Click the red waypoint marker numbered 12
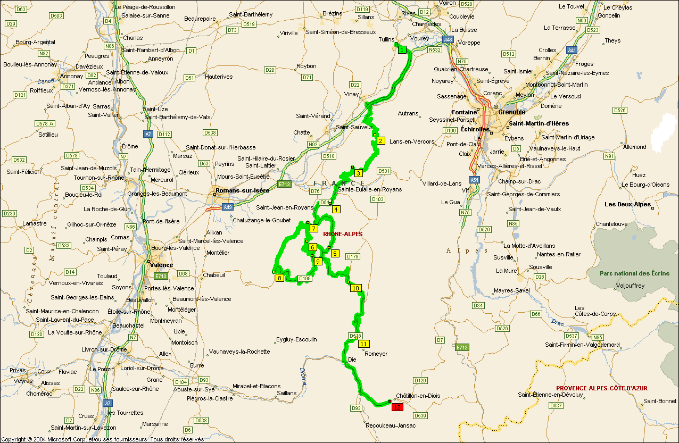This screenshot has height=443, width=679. (x=397, y=407)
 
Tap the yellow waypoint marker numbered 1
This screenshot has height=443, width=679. (x=402, y=49)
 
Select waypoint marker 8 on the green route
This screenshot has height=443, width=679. (x=279, y=278)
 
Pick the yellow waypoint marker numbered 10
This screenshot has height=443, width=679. (x=355, y=288)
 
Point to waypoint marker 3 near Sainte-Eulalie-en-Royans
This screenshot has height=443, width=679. (x=359, y=173)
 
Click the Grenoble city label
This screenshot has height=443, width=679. (x=511, y=112)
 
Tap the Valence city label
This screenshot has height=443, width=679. (x=161, y=265)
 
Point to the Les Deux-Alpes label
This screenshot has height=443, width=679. (x=628, y=204)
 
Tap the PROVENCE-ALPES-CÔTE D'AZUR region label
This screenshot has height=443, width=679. (x=601, y=388)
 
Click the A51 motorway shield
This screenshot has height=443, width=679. (x=474, y=180)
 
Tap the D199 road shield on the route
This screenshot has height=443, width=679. (x=304, y=278)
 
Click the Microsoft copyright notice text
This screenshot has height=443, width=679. (x=103, y=439)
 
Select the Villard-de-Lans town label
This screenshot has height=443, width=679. (x=442, y=183)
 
